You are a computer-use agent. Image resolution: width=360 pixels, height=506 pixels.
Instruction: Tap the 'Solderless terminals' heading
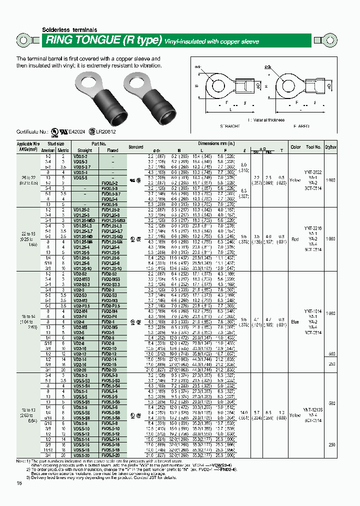[x=69, y=30]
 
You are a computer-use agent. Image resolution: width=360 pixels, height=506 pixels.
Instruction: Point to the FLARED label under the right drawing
[x=300, y=126]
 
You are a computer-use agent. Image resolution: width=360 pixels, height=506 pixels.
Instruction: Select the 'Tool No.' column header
[x=314, y=147]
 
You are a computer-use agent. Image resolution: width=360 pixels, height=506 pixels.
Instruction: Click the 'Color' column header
[x=295, y=147]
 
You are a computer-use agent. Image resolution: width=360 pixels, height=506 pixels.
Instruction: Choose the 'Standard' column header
[x=135, y=147]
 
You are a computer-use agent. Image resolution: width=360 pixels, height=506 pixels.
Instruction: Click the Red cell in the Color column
[x=295, y=238]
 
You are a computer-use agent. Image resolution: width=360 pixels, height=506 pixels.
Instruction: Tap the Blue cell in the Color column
[x=295, y=322]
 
